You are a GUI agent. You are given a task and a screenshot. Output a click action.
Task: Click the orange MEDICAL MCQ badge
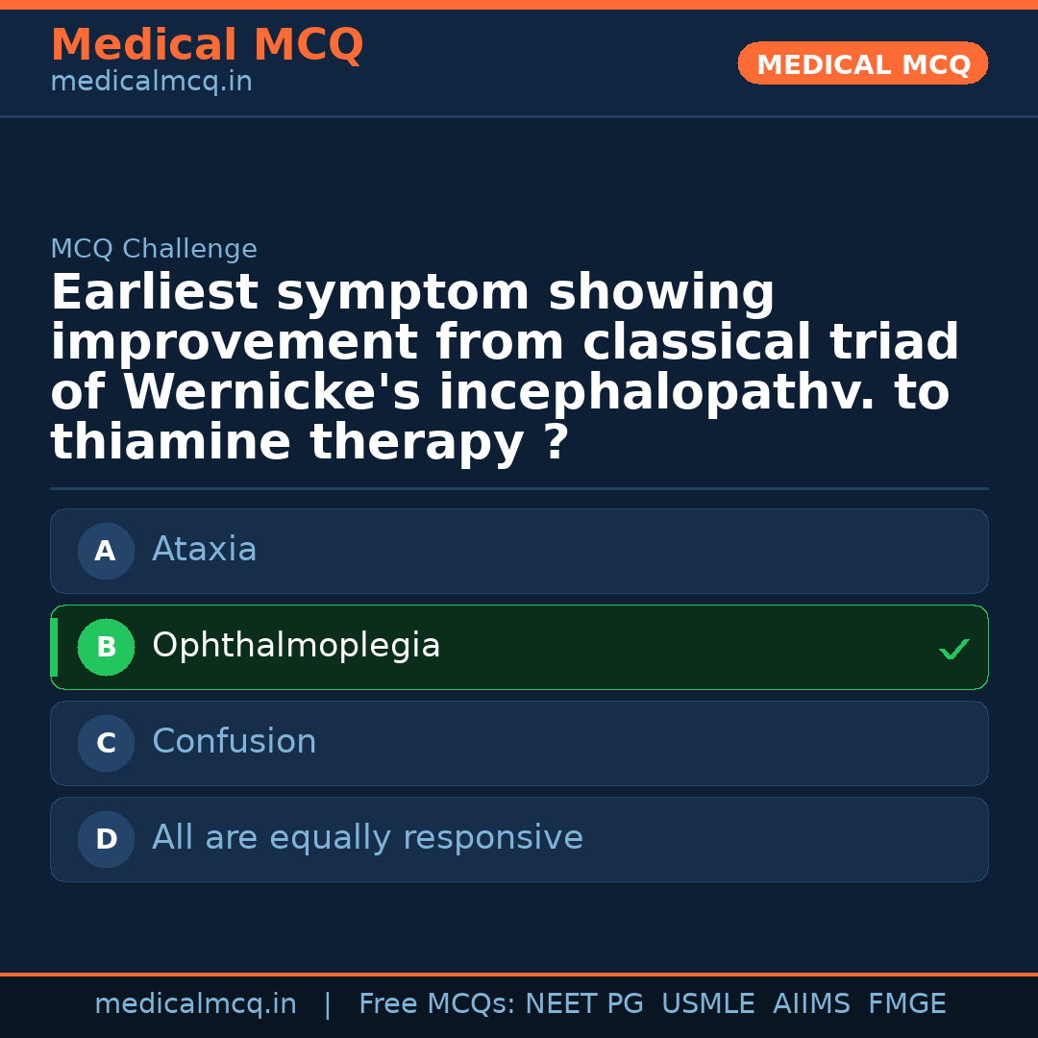click(862, 63)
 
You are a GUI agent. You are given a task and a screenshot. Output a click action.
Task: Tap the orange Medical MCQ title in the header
click(208, 45)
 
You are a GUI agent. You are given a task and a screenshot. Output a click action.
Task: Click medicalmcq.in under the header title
click(152, 82)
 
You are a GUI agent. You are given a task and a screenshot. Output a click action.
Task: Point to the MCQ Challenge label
click(154, 248)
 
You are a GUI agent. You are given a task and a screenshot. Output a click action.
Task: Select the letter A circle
click(106, 551)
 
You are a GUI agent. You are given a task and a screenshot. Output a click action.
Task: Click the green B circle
click(106, 647)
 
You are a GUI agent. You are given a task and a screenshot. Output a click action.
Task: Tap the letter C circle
click(106, 743)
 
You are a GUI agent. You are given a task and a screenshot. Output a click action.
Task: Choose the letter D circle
click(106, 839)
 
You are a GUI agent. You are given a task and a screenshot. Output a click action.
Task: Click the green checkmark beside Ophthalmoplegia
click(954, 649)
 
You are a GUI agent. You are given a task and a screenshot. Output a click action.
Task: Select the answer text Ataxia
click(205, 549)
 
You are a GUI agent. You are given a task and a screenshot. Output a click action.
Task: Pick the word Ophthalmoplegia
click(296, 646)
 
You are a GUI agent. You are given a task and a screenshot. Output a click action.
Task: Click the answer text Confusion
click(235, 741)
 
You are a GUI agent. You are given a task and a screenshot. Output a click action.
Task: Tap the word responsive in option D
click(493, 838)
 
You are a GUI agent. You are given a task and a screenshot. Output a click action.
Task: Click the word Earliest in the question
click(155, 292)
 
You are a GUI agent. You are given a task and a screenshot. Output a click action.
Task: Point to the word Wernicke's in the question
click(272, 392)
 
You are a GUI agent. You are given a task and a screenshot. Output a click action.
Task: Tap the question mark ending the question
click(557, 441)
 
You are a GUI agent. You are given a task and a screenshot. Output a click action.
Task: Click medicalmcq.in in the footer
click(196, 1003)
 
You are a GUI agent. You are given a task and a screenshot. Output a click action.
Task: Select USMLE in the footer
click(708, 1003)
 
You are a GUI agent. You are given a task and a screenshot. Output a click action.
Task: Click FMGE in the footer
click(907, 1003)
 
